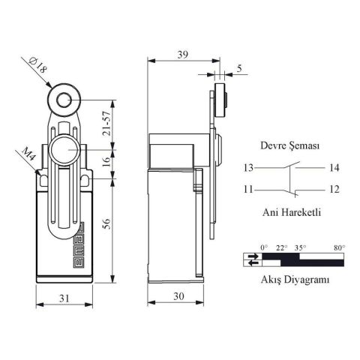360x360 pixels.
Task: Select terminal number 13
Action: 248,167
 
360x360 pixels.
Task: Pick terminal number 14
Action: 334,167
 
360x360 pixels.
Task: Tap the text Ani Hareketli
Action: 291,212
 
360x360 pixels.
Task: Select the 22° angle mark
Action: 281,247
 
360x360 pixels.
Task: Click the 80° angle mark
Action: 339,247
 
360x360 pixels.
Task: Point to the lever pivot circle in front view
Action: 64,151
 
